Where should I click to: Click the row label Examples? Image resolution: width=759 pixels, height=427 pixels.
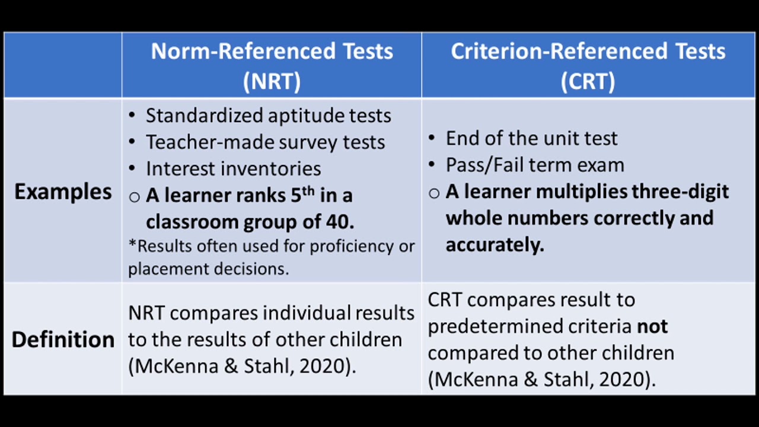[63, 192]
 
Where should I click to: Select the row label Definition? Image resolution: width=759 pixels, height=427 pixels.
[63, 339]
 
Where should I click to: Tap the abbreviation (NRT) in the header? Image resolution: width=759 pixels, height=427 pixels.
[272, 81]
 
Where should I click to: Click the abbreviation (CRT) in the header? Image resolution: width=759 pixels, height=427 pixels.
[588, 81]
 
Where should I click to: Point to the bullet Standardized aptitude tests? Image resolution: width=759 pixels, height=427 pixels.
[268, 115]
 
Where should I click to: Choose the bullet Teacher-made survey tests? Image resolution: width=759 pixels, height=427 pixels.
[265, 142]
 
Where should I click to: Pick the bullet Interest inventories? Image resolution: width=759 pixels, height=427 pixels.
[233, 168]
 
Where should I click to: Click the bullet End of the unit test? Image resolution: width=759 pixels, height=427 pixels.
[531, 138]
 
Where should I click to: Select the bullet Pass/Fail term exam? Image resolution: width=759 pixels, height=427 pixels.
[535, 164]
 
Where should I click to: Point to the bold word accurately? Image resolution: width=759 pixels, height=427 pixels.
[495, 244]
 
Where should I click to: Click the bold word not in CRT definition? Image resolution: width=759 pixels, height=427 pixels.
[652, 326]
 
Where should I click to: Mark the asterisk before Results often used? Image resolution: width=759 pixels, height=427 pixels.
[132, 244]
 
